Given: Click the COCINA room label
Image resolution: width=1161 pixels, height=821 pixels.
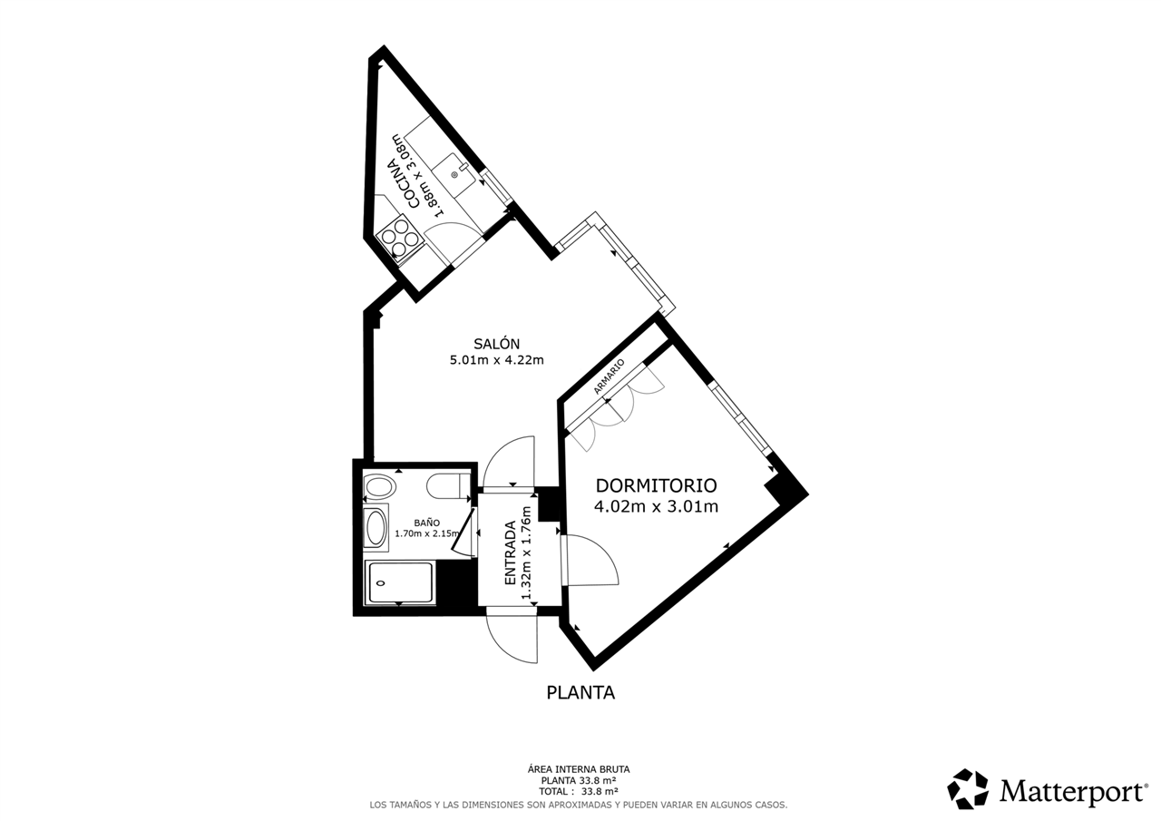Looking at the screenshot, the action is (x=404, y=184).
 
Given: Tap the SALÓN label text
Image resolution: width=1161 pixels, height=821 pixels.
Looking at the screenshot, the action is (x=496, y=344).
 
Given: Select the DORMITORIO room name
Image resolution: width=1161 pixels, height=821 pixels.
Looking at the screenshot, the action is (x=656, y=485).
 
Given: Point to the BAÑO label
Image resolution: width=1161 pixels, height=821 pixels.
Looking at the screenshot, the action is (x=427, y=523).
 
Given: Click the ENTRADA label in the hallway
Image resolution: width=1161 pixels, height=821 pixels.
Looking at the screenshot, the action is (x=511, y=552).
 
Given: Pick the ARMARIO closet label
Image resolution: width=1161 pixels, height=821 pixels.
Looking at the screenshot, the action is (x=609, y=376).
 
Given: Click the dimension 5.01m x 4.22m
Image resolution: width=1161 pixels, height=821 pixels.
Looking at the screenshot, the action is (x=496, y=360).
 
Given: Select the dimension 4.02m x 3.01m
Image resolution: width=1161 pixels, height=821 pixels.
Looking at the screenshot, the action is (x=656, y=506).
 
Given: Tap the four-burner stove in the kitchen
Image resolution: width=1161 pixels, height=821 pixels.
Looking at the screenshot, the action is (x=400, y=238).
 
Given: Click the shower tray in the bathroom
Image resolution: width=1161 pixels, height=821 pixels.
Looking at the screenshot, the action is (x=399, y=583).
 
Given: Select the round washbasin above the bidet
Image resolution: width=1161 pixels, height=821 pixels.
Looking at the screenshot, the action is (x=379, y=487).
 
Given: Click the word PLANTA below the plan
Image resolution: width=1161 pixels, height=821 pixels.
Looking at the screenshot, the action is (x=580, y=692).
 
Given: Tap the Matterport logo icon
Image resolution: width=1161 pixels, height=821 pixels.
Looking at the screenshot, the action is (x=968, y=789).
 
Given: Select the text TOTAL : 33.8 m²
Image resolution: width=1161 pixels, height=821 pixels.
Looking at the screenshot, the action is (x=579, y=791).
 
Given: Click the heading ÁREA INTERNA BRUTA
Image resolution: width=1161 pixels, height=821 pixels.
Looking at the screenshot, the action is (x=579, y=769).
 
